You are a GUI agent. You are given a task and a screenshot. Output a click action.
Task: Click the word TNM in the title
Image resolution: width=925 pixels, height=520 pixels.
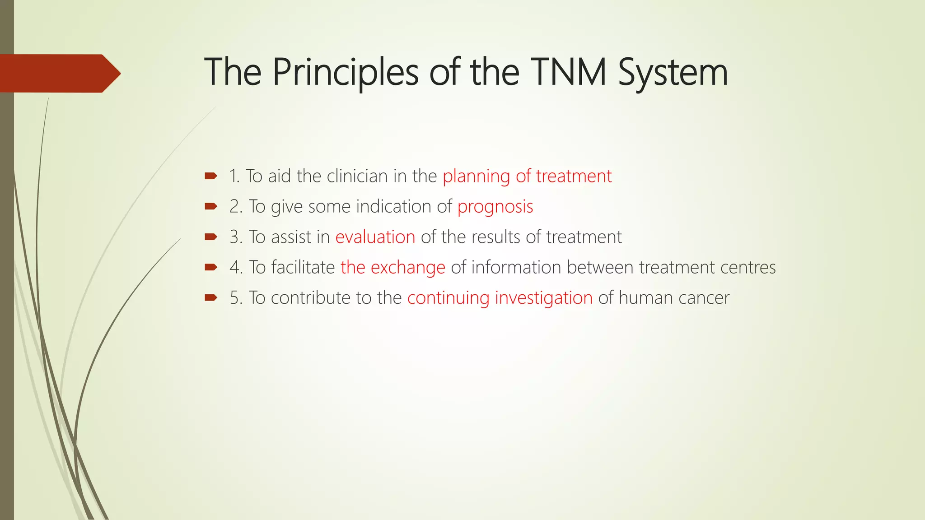click(568, 72)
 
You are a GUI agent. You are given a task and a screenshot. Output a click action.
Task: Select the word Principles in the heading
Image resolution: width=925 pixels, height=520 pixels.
click(346, 72)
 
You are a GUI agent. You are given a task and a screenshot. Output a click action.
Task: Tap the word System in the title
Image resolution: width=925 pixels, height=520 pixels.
click(673, 72)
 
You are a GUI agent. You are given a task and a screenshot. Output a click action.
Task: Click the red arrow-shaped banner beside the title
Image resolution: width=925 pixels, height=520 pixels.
click(59, 73)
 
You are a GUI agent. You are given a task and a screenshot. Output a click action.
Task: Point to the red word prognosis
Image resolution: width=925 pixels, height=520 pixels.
click(495, 207)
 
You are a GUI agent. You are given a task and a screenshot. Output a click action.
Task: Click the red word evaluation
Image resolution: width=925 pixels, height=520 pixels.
click(375, 237)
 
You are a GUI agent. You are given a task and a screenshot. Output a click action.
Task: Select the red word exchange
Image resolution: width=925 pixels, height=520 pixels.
click(408, 267)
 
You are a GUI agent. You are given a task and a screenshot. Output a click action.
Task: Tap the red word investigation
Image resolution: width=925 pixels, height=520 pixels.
click(543, 298)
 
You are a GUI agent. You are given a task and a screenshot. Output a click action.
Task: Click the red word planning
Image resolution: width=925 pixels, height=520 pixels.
click(476, 176)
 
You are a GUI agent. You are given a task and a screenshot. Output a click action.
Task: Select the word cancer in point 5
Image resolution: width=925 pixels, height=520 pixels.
click(707, 298)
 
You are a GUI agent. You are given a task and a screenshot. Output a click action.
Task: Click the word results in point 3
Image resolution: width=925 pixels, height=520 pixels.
click(495, 237)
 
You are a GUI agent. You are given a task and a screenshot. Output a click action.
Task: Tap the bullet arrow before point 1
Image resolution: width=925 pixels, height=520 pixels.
click(211, 176)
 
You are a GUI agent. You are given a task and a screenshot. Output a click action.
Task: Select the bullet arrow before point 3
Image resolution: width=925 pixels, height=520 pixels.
click(211, 237)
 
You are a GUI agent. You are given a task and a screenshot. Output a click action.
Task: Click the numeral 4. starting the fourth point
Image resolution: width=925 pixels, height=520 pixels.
click(236, 267)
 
